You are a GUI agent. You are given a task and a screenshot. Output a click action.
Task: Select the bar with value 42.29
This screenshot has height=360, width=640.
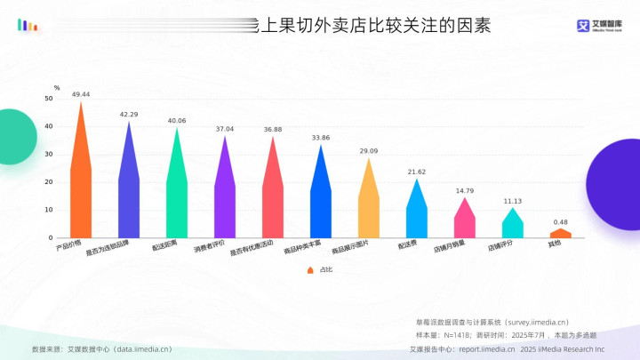coord(129,196)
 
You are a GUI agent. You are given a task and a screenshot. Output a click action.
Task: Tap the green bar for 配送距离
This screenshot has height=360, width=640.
coord(177,197)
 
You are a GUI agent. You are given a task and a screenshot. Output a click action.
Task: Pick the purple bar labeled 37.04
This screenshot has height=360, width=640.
coord(225,200)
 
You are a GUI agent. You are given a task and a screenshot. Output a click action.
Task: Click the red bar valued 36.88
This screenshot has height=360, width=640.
coord(273,200)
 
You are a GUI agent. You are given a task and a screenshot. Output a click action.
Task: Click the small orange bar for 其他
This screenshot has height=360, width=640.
coord(561,234)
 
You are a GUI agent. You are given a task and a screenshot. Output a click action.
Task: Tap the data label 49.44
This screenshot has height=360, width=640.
coord(81,93)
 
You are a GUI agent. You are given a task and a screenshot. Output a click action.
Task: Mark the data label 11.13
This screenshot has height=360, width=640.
coord(513,201)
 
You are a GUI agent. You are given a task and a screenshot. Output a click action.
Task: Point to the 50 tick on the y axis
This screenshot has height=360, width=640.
coord(49,99)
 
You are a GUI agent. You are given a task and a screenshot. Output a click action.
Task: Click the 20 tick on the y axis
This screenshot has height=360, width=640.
coord(49,182)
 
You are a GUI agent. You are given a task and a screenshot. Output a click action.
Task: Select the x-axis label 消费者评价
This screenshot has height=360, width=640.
coord(211,247)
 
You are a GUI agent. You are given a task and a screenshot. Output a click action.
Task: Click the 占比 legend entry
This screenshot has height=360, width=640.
coord(320,269)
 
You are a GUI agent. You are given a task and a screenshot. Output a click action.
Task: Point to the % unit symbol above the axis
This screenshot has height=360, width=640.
coord(56,87)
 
